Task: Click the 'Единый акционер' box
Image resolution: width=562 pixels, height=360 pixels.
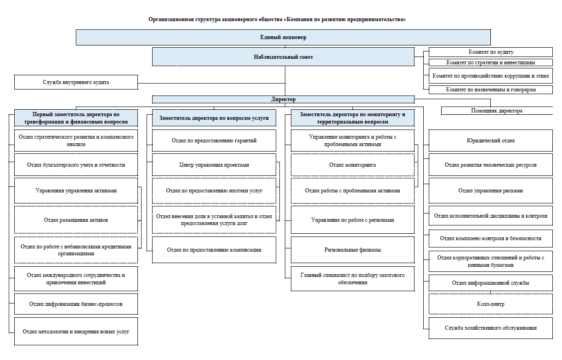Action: [x=283, y=37]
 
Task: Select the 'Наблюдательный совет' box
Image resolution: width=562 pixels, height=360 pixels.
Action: [x=283, y=57]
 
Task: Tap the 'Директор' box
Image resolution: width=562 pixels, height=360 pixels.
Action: [x=283, y=99]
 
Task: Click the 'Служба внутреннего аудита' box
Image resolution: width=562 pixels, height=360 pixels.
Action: [x=76, y=82]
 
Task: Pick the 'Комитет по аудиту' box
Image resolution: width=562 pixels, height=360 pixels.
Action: [x=490, y=52]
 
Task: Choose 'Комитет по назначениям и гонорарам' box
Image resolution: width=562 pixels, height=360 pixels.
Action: [x=490, y=90]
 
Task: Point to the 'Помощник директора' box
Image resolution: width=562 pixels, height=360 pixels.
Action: [x=497, y=111]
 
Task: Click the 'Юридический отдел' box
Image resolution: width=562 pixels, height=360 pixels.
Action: [x=490, y=141]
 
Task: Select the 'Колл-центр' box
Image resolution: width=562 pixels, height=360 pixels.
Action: [x=490, y=304]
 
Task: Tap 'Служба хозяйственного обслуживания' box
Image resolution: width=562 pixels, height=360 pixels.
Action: [x=490, y=328]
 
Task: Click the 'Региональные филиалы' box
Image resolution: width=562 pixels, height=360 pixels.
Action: [x=352, y=250]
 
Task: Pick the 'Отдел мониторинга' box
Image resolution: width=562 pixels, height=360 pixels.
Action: [x=352, y=165]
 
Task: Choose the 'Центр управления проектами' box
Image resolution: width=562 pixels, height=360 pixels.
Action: [x=214, y=165]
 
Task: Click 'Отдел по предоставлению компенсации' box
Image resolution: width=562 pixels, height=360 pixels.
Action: [x=214, y=250]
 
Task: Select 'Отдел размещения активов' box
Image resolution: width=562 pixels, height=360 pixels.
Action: [x=76, y=220]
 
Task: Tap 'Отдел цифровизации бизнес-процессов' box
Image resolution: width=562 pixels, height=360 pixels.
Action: [x=76, y=304]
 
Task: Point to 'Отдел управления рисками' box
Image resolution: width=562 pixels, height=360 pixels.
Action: [x=490, y=191]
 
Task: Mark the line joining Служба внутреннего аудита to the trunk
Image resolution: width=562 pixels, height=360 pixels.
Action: [x=211, y=83]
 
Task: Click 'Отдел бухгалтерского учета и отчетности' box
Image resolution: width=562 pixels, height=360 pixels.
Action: [x=76, y=165]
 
